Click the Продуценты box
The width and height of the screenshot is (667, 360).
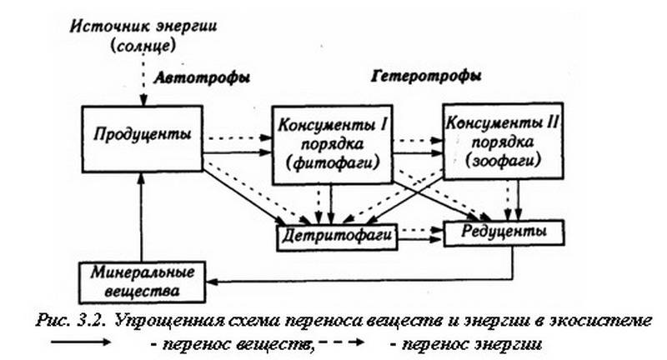(142, 139)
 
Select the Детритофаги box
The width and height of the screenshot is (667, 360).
(337, 237)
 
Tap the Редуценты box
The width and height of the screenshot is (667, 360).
(504, 233)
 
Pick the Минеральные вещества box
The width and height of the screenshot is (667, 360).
(142, 282)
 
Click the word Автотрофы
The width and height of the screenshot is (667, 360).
(202, 77)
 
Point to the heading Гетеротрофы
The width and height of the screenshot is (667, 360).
(427, 76)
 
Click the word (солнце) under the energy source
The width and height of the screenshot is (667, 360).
(143, 46)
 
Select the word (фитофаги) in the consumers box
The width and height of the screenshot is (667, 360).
(332, 163)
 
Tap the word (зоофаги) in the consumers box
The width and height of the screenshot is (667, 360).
(504, 160)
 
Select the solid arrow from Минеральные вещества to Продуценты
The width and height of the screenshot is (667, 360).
(141, 217)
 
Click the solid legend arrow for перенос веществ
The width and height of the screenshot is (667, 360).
(81, 342)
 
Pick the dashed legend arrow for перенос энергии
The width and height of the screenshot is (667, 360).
(342, 342)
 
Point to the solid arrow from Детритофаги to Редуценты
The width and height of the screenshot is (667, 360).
(420, 240)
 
